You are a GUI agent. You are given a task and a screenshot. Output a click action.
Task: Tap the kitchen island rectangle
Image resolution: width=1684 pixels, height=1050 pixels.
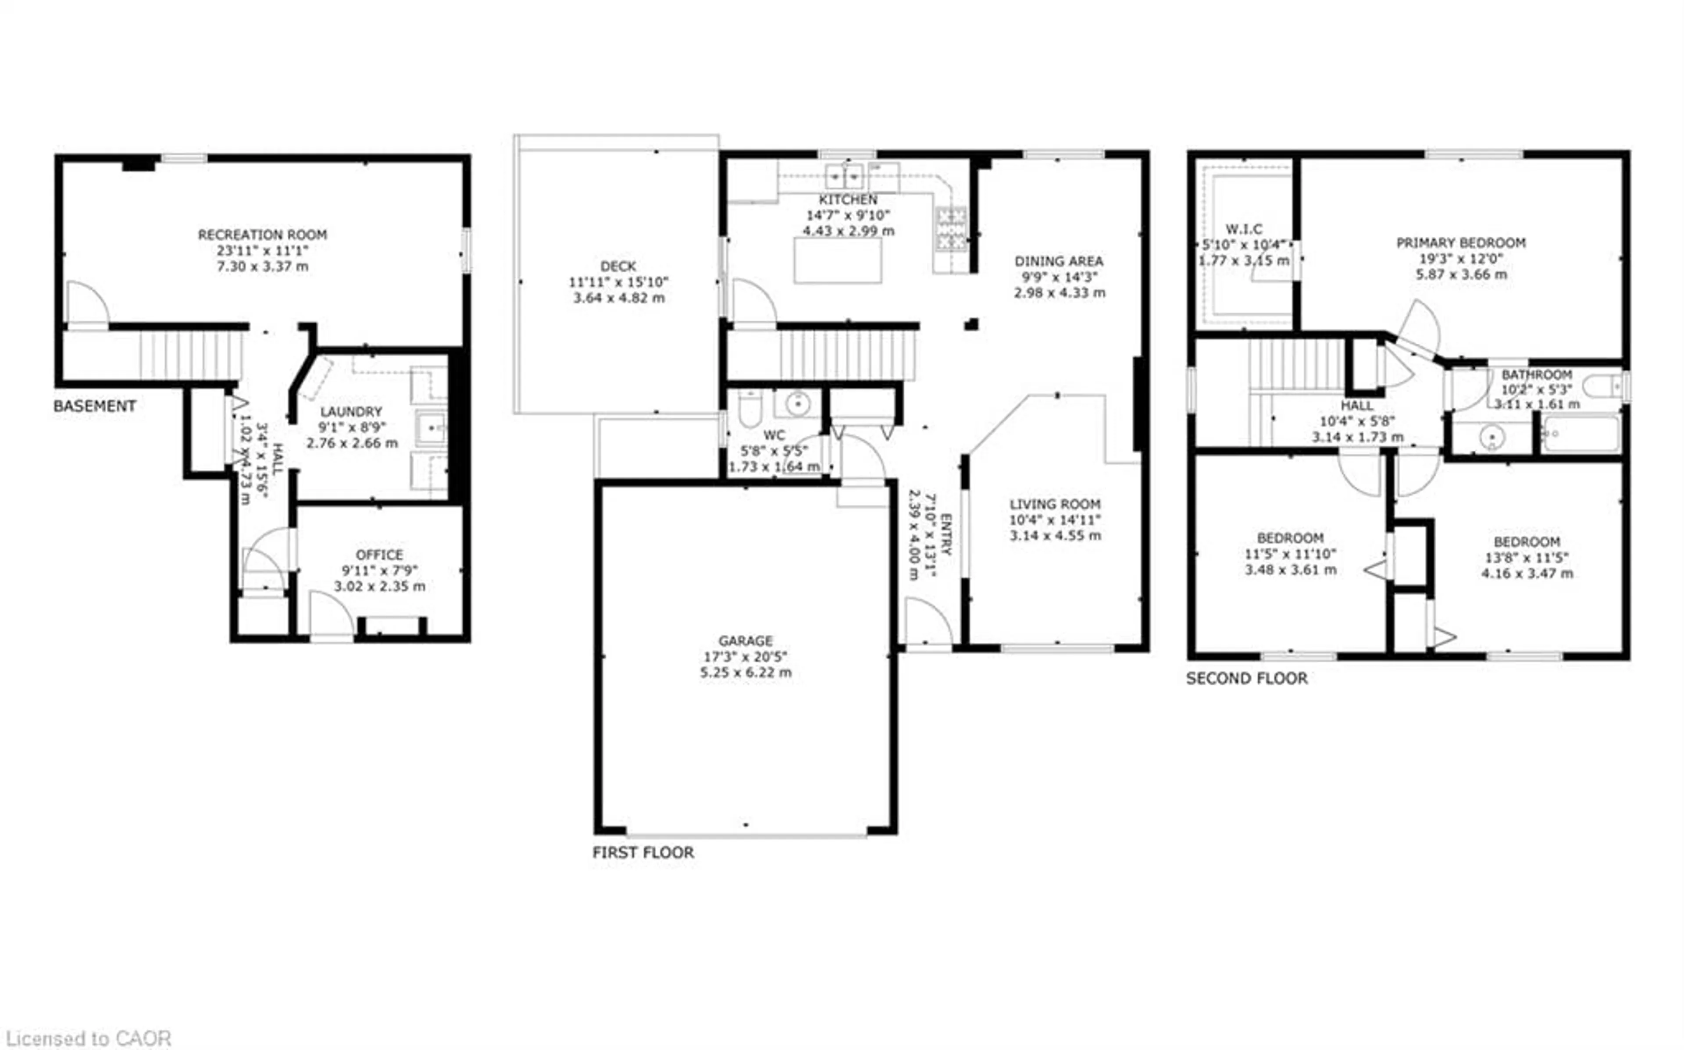838,260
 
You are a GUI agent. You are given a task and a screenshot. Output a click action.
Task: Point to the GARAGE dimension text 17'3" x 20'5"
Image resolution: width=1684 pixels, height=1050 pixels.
745,656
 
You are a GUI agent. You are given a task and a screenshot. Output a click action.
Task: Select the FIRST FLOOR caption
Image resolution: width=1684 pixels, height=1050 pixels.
642,853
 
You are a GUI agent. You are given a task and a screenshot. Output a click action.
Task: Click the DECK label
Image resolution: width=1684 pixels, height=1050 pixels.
618,266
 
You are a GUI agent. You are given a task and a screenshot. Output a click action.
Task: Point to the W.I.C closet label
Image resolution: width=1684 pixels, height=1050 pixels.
1244,228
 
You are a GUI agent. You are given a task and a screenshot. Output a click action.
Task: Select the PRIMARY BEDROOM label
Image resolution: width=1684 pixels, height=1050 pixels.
1461,243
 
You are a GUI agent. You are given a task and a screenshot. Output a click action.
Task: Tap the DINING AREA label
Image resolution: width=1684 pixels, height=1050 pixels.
1058,261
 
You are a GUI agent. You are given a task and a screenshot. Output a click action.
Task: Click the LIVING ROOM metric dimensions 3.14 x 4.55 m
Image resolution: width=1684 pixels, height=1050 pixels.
1055,535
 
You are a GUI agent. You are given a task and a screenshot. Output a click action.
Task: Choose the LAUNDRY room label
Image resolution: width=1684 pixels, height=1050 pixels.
351,412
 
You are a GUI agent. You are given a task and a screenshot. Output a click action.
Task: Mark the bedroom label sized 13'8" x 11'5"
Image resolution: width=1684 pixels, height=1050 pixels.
1527,542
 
